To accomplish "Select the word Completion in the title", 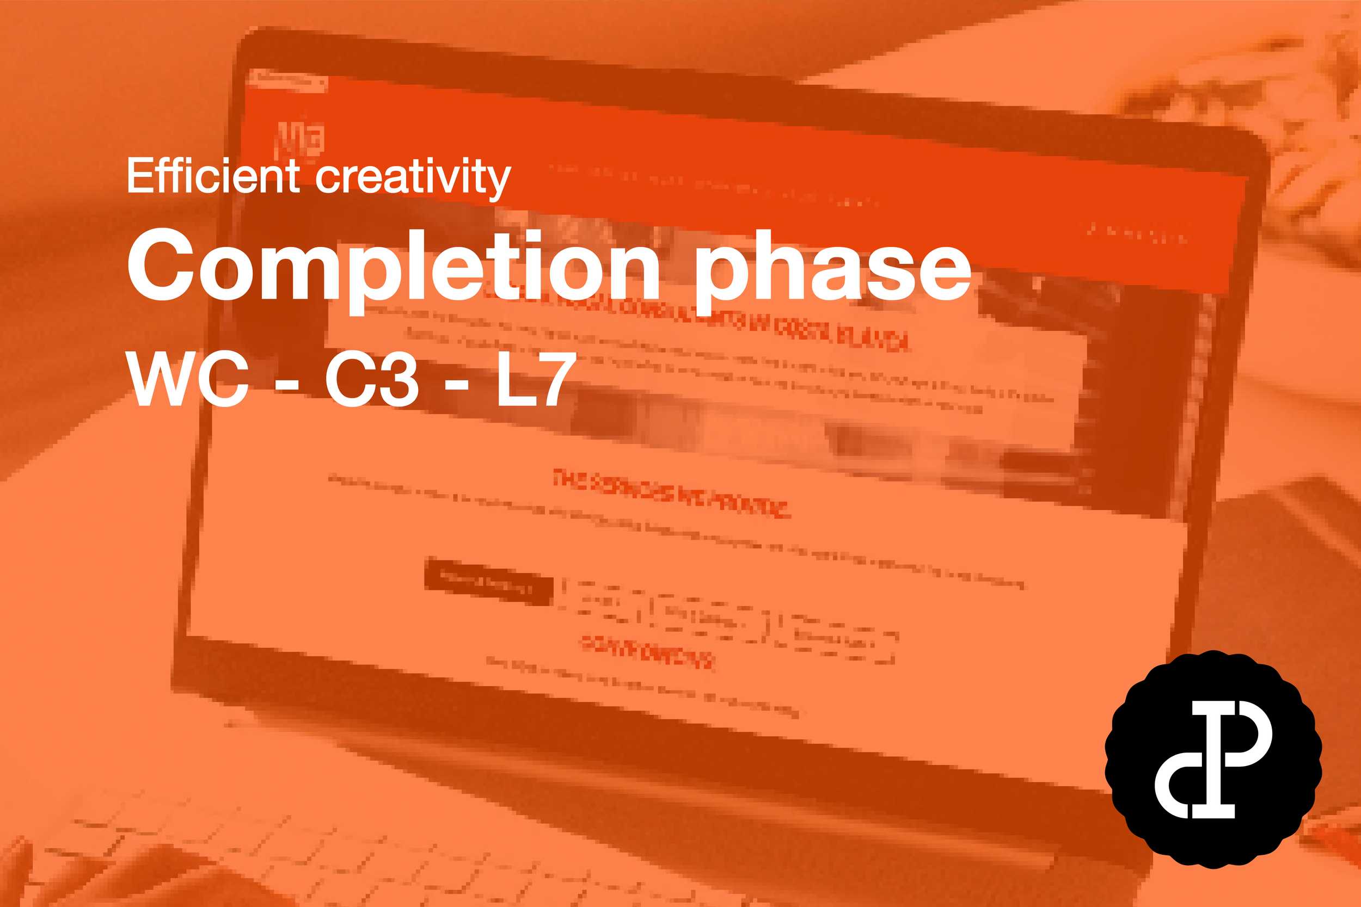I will [394, 267].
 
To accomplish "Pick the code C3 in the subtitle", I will [371, 379].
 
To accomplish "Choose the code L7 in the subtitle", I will [536, 379].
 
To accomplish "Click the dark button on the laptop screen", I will [488, 581].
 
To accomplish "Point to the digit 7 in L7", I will [556, 379].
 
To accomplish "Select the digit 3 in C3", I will [396, 379].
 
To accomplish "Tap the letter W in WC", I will [159, 379].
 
